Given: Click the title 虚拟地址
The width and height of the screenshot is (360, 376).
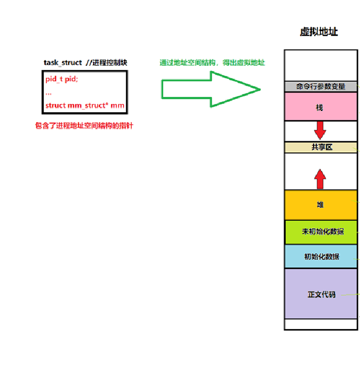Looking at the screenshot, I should [x=319, y=32].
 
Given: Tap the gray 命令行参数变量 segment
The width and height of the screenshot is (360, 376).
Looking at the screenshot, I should [x=321, y=86].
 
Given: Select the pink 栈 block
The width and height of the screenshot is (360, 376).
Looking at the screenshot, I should [x=321, y=107].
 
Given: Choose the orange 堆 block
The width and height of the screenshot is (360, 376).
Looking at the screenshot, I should [x=321, y=205].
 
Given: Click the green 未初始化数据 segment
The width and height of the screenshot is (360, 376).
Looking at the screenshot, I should [x=322, y=232].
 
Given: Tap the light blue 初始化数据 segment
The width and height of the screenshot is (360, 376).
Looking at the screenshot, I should [x=321, y=256].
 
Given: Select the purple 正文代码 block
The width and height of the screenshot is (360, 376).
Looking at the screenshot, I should [x=321, y=294].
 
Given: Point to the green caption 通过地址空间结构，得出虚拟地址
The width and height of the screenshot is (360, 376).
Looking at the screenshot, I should [x=212, y=63].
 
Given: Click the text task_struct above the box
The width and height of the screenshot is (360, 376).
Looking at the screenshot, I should [x=62, y=63].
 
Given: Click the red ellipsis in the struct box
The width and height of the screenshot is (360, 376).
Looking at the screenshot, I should [x=48, y=93].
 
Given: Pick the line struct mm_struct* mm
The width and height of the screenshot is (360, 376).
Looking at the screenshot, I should [x=84, y=105].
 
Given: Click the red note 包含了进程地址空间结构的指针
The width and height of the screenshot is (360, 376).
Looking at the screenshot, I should [x=84, y=126].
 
